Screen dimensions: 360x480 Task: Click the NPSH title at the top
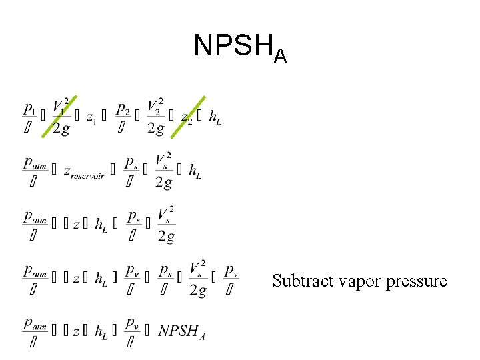240,47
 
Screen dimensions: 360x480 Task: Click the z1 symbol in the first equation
91,117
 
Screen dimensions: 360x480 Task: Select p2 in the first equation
123,109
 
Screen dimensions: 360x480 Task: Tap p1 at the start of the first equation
30,109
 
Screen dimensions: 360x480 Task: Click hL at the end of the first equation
215,117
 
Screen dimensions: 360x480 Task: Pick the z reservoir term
86,172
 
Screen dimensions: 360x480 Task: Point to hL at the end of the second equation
195,171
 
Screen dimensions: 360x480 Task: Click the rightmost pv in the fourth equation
231,271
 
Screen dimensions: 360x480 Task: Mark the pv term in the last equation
132,323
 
